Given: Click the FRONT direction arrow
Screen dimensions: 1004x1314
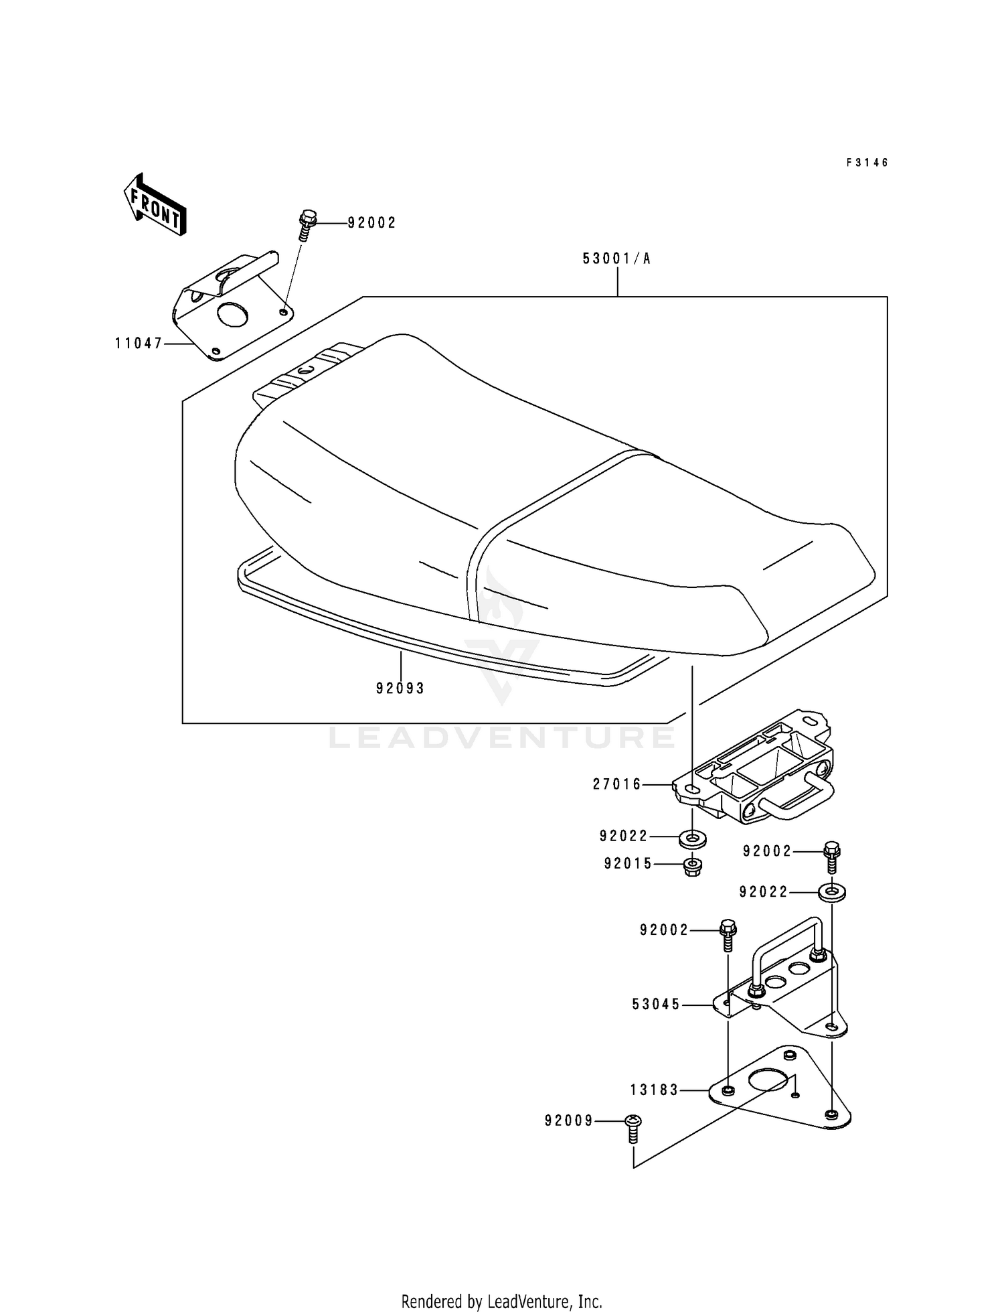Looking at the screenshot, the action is [154, 204].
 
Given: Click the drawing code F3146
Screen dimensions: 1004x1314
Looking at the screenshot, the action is [867, 163].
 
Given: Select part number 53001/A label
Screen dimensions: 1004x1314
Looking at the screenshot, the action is [616, 259].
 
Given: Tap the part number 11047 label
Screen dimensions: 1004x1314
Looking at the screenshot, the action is [139, 344].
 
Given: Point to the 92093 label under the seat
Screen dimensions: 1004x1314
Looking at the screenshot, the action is [400, 688].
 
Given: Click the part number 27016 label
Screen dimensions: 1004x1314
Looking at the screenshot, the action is [617, 784].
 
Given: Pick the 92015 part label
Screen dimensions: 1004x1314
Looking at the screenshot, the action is [628, 864].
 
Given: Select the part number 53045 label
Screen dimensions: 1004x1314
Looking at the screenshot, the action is [656, 1005].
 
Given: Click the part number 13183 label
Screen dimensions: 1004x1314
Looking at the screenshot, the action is [655, 1090].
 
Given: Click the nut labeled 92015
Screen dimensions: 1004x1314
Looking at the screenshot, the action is [692, 867].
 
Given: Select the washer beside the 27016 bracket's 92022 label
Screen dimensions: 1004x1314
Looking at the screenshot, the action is [692, 837].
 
